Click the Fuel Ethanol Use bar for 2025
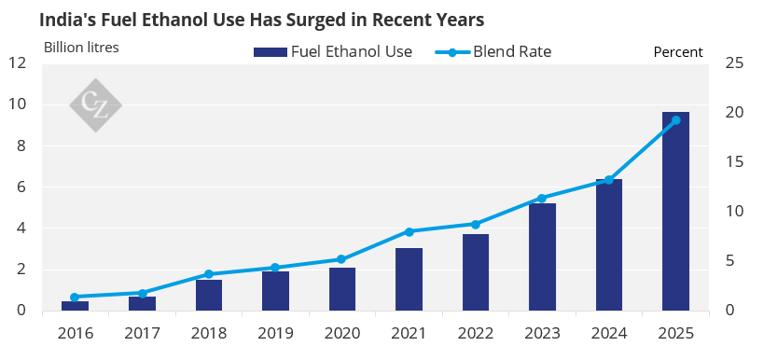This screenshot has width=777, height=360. coord(675,212)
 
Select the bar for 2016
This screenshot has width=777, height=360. coord(75,306)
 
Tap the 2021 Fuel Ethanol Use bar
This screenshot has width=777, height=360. coord(409,279)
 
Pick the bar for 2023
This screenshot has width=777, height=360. coord(542,257)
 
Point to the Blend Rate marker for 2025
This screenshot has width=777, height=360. coord(675,120)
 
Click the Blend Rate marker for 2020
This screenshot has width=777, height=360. coord(341,259)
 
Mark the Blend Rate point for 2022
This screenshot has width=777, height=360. coord(476,225)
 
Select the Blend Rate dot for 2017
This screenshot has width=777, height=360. coord(142,294)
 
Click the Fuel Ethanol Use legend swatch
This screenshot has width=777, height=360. coord(271,52)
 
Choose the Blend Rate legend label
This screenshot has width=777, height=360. coord(512,51)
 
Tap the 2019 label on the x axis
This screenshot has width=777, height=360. coord(275,333)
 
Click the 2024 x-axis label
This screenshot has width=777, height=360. coord(609,333)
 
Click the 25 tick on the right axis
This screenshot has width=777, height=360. coord(734,63)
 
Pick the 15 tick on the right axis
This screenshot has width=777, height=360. coord(734,162)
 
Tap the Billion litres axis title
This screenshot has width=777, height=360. coord(81,48)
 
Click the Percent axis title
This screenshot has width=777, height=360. coord(678,52)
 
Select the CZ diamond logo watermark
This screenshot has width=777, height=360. coord(96,105)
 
